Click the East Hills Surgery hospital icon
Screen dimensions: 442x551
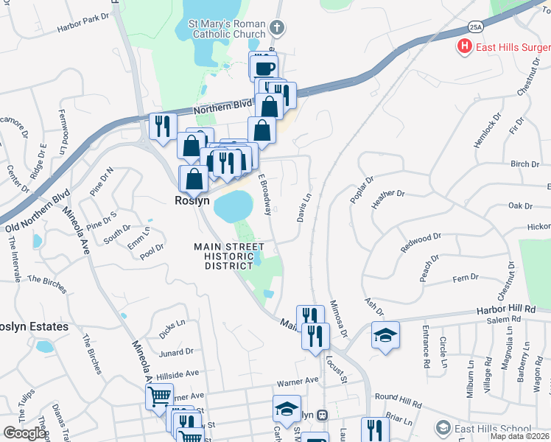tap(465, 48)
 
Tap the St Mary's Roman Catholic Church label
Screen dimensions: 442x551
tap(228, 28)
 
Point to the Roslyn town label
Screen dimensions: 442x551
tap(192, 200)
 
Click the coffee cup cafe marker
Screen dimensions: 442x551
tap(264, 68)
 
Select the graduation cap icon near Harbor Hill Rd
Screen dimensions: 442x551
tap(385, 336)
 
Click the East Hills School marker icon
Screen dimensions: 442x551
tap(443, 427)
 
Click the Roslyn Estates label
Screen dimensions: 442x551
tap(34, 326)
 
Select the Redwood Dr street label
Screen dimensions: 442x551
tap(421, 243)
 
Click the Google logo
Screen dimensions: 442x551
tap(24, 433)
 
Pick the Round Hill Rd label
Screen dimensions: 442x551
tap(398, 404)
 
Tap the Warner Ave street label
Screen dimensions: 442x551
tap(297, 382)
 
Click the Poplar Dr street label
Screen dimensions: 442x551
tap(362, 189)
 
